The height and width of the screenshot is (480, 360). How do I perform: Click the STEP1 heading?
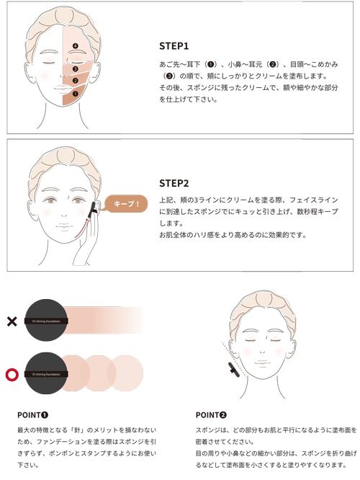(174, 46)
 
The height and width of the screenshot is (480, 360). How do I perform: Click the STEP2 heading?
(174, 183)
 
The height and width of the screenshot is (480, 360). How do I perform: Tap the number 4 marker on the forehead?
(76, 46)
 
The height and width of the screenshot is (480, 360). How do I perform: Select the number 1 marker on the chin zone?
(76, 94)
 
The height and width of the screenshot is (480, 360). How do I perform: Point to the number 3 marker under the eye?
(76, 69)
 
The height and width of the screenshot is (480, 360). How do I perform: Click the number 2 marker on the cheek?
(76, 81)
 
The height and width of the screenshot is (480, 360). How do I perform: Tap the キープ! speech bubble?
(125, 203)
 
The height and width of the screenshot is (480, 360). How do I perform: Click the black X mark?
(12, 321)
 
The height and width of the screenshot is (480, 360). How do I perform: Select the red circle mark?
(12, 374)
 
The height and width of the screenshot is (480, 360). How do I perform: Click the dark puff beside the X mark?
(46, 321)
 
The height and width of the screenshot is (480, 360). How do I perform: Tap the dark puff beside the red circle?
(46, 373)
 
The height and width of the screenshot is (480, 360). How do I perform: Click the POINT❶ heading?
(32, 415)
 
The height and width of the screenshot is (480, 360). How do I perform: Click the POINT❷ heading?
(211, 415)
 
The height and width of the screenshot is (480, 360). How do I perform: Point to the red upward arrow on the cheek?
(82, 228)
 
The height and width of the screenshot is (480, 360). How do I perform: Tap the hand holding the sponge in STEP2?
(87, 242)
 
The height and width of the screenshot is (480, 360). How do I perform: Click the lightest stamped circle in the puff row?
(125, 373)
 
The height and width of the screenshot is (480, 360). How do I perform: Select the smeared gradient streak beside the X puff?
(104, 320)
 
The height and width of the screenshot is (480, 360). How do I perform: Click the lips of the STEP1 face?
(63, 89)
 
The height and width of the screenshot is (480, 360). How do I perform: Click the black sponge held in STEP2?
(94, 210)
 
